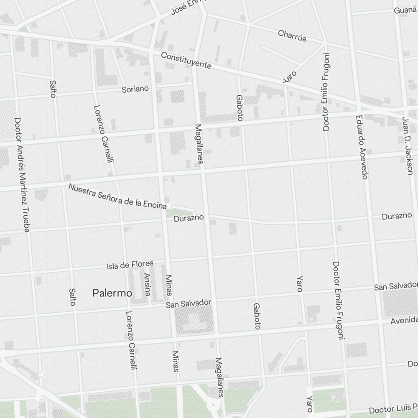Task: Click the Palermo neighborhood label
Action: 112,293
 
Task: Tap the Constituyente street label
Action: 186,61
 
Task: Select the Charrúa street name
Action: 292,36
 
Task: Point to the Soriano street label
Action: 135,89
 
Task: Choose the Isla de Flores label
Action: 130,265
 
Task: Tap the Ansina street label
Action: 147,285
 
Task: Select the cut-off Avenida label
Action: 404,320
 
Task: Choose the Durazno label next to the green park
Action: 189,218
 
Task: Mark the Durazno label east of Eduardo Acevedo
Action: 397,216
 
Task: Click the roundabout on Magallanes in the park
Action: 214,404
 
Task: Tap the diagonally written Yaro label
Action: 289,76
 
